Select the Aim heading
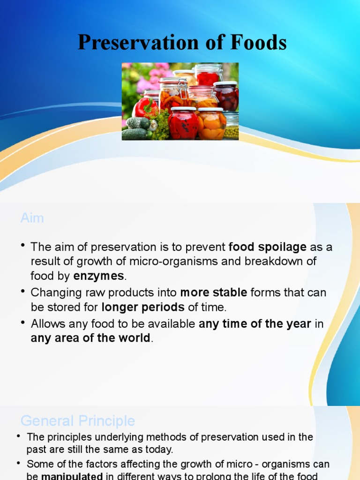tap(32, 218)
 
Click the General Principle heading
tap(78, 420)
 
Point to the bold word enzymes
tap(98, 276)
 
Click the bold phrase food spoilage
tap(268, 247)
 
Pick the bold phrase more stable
tap(214, 293)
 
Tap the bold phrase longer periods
tap(143, 307)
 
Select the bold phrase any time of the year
tap(255, 323)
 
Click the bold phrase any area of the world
tap(90, 338)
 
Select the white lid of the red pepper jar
tap(183, 109)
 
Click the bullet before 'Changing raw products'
tap(22, 292)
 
